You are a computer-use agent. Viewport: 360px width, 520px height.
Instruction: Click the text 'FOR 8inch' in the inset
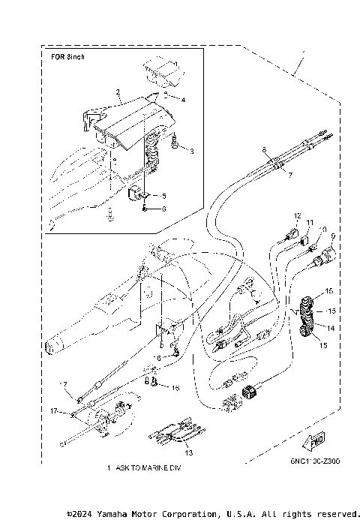[68, 57]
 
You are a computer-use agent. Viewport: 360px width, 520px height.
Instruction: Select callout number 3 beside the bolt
[191, 152]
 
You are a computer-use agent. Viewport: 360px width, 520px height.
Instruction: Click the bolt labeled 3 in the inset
[174, 141]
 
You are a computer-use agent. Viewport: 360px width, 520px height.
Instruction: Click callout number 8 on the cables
[265, 151]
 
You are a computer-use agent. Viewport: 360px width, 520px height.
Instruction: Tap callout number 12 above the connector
[297, 216]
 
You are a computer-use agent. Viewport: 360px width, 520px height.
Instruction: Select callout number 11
[307, 223]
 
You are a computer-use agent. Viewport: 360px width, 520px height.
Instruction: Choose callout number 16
[175, 388]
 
